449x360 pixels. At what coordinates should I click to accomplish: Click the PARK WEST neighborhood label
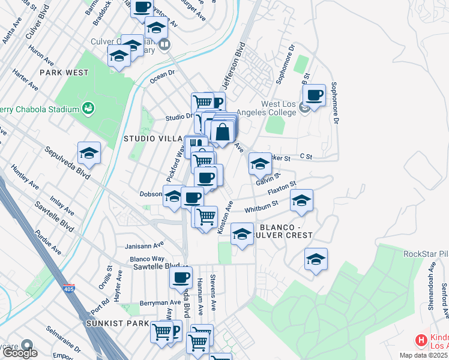coord(64,73)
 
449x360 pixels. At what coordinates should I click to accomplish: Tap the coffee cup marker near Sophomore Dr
coord(314,95)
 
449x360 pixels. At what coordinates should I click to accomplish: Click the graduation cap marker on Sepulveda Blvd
coord(89,153)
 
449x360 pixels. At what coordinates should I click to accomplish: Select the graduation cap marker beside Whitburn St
coord(301,200)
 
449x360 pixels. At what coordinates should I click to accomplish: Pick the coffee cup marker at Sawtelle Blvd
coord(181,277)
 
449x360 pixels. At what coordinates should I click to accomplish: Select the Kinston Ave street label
coord(224,220)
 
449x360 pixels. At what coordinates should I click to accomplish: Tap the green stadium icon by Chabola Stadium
coord(88,109)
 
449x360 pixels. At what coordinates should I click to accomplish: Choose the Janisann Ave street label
coord(145,245)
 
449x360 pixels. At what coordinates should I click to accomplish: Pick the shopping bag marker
coord(222,132)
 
